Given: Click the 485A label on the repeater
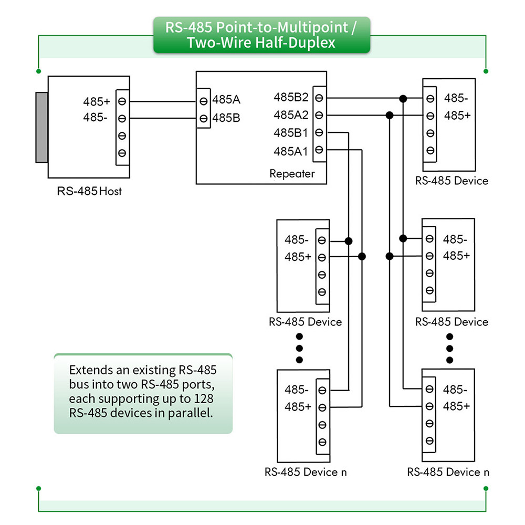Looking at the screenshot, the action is pos(226,99).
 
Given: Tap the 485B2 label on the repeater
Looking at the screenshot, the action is pos(291,97).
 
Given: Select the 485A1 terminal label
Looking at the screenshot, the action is pos(290,151).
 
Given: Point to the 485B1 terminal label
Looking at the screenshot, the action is pos(290,133).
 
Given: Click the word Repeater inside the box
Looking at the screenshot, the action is pos(292,174).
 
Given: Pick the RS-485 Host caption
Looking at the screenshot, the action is pos(89,191).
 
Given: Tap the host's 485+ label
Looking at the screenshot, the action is pos(97,101).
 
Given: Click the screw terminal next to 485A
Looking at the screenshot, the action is pos(203,101).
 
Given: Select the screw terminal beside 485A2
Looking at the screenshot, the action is pos(319,115).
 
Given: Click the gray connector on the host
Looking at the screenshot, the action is pos(42,128).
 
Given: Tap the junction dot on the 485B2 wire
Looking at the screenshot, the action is pos(403,99).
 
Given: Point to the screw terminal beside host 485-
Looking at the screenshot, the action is pos(122,119).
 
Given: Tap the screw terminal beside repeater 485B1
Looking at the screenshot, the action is pos(319,133).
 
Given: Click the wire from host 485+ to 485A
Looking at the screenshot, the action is pos(163,101).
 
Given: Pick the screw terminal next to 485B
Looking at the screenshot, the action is pos(203,119).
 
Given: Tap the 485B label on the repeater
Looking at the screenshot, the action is pos(226,118).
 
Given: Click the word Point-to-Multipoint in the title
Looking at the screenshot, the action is pos(282,27).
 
